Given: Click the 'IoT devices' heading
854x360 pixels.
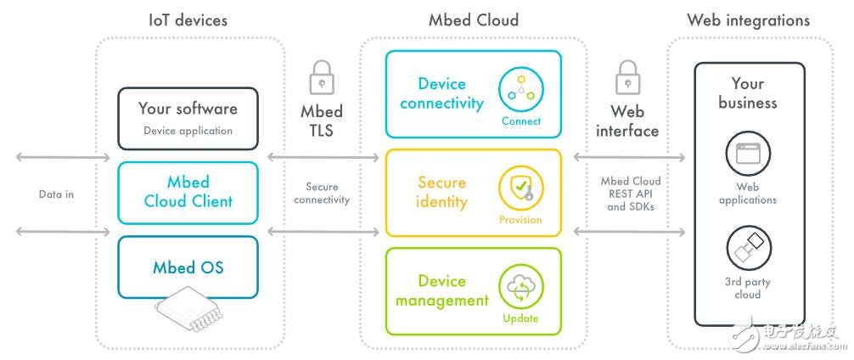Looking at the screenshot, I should pos(188,20).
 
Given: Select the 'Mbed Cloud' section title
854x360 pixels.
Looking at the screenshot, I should pos(475,20).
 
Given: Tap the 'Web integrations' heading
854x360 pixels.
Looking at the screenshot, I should pos(748,20).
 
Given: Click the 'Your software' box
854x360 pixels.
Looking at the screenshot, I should pos(188,116).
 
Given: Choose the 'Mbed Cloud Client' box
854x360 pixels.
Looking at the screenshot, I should pos(188,191).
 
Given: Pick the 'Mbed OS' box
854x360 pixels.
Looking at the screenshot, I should pos(188,267).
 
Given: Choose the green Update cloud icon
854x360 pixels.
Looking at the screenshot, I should pos(521,288).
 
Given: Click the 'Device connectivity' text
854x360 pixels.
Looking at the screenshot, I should pos(441,94).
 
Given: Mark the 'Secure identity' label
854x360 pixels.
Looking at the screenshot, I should pos(441,193).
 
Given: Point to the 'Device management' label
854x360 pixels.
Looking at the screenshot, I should pos(441,290).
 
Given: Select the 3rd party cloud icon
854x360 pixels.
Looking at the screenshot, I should pos(747,249).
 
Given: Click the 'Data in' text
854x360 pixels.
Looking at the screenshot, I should pos(58,194).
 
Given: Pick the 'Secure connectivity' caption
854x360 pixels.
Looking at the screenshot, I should pos(322,194).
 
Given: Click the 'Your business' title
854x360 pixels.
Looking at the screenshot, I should pos(747,93).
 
